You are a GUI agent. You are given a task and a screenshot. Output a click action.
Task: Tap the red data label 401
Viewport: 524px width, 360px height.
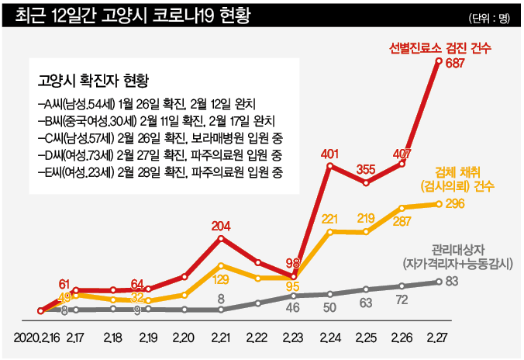331,153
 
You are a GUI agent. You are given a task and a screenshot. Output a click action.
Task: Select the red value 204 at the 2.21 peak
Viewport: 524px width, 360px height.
222,227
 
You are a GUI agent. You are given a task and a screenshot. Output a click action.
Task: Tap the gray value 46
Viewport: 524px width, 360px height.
293,308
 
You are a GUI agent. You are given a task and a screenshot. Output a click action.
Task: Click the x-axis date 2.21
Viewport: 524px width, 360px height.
221,339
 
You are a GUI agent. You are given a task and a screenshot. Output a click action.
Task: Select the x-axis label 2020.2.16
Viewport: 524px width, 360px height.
36,339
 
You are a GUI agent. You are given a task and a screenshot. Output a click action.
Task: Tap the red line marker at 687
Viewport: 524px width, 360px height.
440,61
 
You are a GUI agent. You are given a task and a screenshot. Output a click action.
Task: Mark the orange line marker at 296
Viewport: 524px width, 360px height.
440,204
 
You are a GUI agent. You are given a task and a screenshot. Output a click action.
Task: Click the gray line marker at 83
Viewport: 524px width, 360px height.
440,282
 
